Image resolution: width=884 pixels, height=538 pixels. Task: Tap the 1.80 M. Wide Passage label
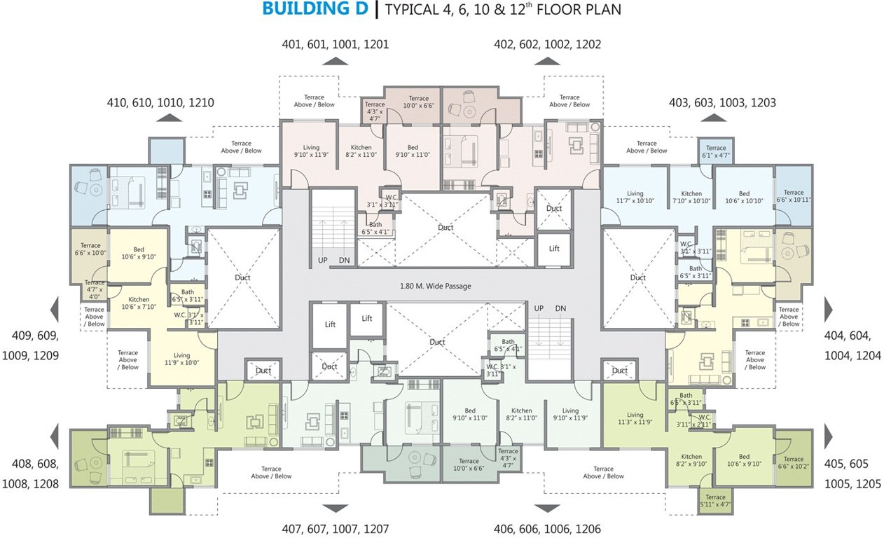click(x=435, y=286)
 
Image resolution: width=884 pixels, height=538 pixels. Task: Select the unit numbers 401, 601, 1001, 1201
click(x=335, y=44)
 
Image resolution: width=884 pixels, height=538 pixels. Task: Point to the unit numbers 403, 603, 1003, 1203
click(x=722, y=103)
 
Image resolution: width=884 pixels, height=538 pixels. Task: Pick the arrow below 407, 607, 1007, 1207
click(x=335, y=509)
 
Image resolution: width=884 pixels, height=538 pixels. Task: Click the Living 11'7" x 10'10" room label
click(x=635, y=197)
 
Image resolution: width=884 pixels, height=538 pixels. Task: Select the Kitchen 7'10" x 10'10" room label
click(x=691, y=197)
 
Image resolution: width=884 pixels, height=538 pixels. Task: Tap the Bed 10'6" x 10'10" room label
click(x=743, y=197)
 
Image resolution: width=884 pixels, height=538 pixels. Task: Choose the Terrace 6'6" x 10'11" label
click(x=794, y=196)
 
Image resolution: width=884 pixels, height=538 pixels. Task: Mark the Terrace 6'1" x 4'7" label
click(x=716, y=151)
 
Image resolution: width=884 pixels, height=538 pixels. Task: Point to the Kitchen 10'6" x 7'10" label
click(x=139, y=303)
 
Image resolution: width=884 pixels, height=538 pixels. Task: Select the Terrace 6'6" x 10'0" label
click(x=90, y=249)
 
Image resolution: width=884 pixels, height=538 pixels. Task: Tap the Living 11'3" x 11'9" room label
click(x=635, y=418)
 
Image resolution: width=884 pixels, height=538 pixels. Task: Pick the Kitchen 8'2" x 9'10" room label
click(x=691, y=460)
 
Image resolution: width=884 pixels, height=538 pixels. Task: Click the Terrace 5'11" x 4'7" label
click(x=716, y=500)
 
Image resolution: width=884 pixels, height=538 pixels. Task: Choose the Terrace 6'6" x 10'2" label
click(x=794, y=443)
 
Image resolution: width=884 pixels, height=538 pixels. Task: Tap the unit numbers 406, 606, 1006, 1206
click(x=547, y=530)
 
